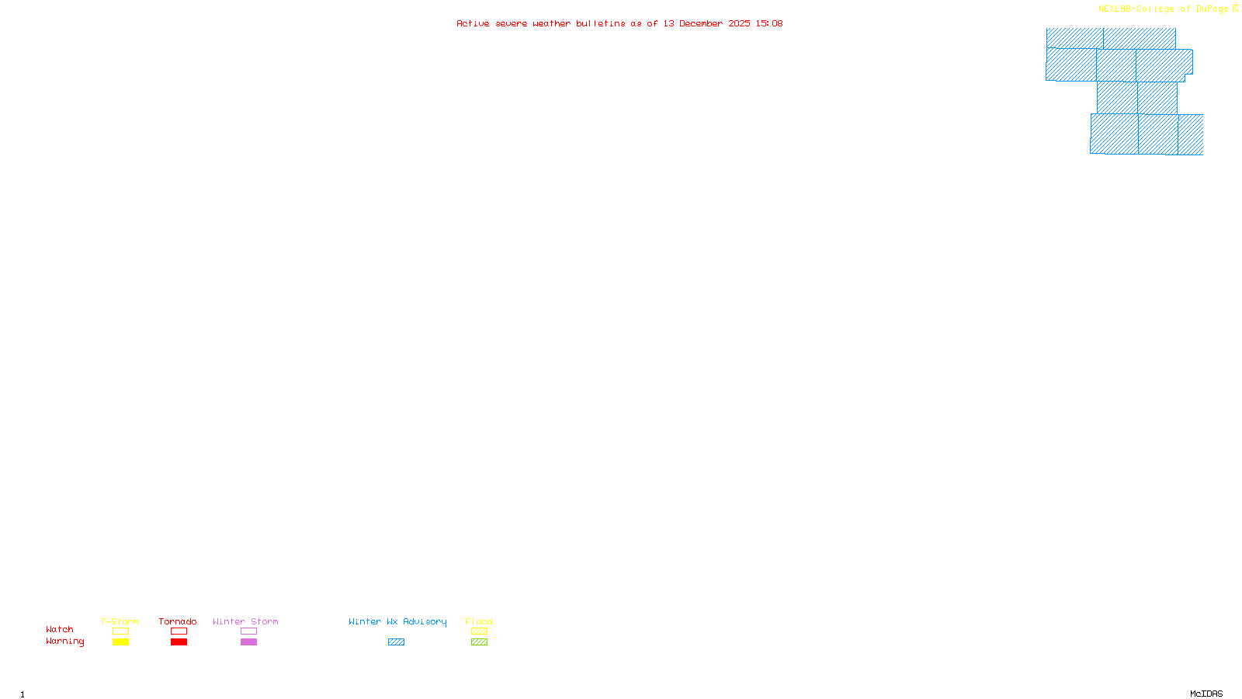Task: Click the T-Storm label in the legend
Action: (120, 621)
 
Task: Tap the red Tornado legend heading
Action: (178, 621)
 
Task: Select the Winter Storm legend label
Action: (245, 621)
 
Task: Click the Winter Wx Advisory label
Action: (397, 621)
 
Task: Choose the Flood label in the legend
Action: (479, 621)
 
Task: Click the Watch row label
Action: (60, 629)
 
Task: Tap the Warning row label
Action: (65, 642)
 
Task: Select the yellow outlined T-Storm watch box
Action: (120, 631)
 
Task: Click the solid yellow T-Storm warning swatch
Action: (120, 642)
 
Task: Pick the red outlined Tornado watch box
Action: (179, 631)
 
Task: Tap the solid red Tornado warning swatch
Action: (179, 642)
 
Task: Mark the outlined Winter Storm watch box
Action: (248, 631)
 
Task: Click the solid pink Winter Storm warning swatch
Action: (248, 642)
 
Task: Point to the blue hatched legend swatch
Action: (396, 642)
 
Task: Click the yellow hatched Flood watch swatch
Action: (479, 631)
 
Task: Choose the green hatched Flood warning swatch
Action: (479, 642)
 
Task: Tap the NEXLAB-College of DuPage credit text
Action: (1164, 9)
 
